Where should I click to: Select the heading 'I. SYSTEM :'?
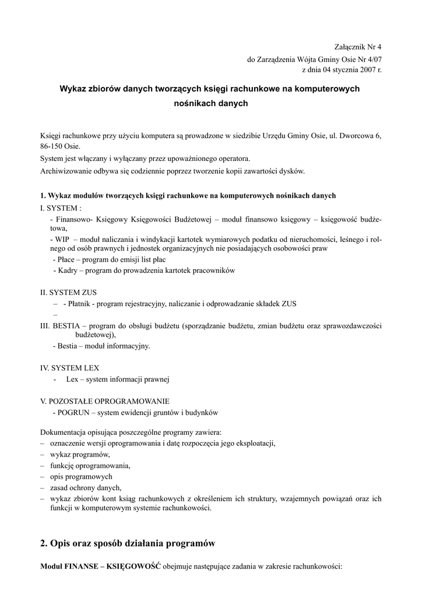pyautogui.click(x=61, y=208)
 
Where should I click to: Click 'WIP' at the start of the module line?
pyautogui.click(x=62, y=239)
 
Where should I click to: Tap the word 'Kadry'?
pyautogui.click(x=68, y=271)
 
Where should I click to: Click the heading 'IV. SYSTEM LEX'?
pyautogui.click(x=69, y=368)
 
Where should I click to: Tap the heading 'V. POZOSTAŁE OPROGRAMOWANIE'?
pyautogui.click(x=105, y=401)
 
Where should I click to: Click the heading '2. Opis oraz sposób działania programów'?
pyautogui.click(x=128, y=543)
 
